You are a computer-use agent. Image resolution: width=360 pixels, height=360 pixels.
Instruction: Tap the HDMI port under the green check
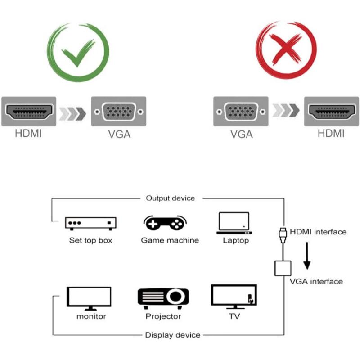[x=29, y=112]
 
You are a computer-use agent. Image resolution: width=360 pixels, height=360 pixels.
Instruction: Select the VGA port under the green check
[x=119, y=112]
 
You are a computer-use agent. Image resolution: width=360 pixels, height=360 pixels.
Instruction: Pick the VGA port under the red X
[x=241, y=112]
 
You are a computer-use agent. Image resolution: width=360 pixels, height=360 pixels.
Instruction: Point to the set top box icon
[x=90, y=223]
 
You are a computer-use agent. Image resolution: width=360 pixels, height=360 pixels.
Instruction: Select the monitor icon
[x=89, y=297]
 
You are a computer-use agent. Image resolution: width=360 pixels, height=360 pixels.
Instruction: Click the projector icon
[x=163, y=297]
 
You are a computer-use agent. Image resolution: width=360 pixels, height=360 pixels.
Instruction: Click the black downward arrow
[x=308, y=255]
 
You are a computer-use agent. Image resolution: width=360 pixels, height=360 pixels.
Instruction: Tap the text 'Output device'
[x=170, y=198]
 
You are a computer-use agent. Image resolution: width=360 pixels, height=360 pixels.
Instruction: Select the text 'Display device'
[x=172, y=335]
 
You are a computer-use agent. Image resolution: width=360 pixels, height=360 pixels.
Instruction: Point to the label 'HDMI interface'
[x=318, y=232]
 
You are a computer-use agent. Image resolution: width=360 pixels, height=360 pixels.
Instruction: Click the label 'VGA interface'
[x=316, y=281]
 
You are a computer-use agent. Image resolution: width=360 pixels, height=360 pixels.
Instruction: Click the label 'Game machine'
[x=170, y=240]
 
